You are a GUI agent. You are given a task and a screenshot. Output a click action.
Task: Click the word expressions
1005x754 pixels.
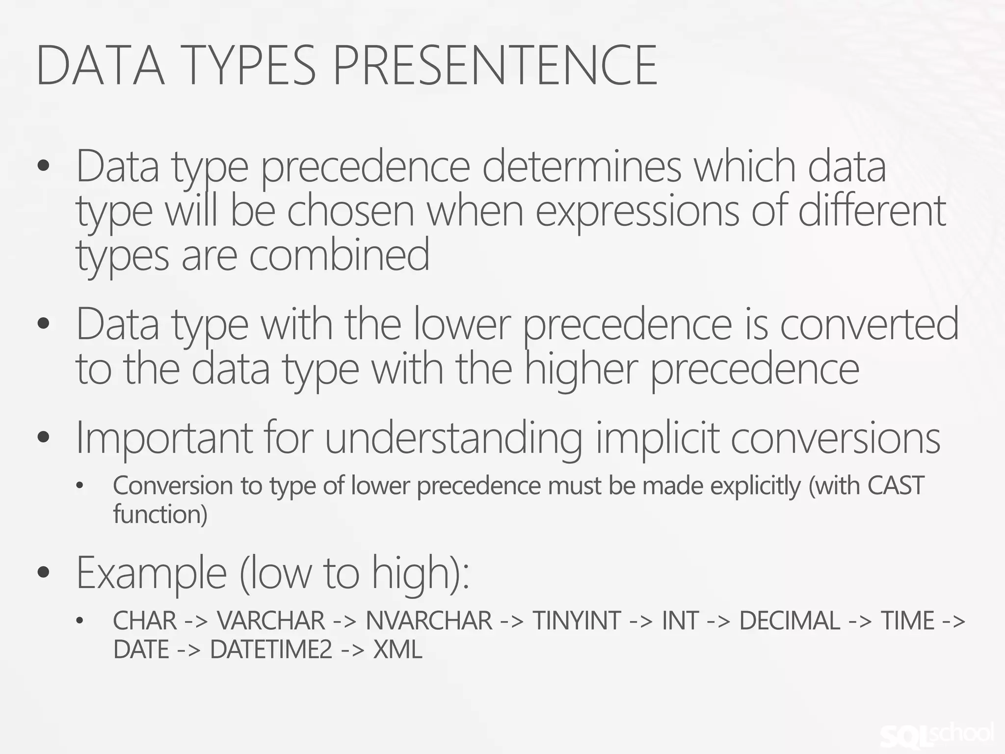(x=637, y=211)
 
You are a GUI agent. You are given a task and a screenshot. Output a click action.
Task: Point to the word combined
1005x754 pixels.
(x=339, y=255)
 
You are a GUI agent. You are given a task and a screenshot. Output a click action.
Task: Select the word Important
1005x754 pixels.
(x=164, y=438)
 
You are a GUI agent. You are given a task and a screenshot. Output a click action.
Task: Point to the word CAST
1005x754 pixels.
(x=896, y=486)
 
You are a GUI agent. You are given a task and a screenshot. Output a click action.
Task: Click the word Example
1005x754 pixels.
(x=151, y=573)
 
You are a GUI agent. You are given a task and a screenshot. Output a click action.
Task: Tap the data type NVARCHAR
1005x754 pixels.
(x=428, y=620)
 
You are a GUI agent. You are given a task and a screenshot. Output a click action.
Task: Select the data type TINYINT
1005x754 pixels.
(x=577, y=620)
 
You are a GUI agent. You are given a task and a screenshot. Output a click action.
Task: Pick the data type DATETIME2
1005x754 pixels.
(x=271, y=650)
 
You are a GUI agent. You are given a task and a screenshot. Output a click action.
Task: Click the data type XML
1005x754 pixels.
(x=397, y=650)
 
